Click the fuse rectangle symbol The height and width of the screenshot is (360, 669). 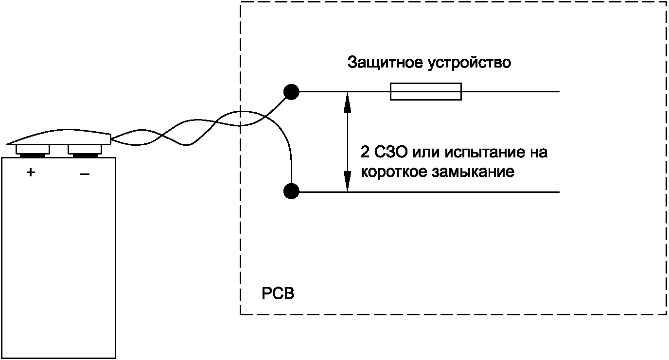point(425,92)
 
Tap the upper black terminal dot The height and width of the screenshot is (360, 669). point(291,91)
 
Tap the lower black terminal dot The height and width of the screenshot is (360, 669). point(291,191)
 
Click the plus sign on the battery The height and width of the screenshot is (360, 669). point(31,172)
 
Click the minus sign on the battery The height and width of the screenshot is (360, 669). point(84,173)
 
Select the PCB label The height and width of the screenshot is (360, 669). point(278,294)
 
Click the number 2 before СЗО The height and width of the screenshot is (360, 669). point(364,153)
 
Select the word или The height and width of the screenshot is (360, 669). point(426,153)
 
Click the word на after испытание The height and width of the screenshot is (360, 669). point(538,153)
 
